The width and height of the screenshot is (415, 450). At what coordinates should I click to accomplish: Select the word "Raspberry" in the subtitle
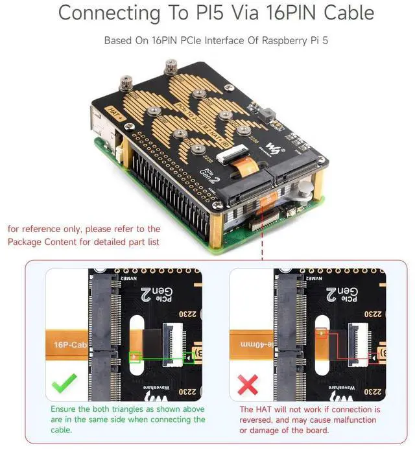click(x=272, y=40)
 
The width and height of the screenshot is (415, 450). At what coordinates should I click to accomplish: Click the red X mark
click(x=248, y=388)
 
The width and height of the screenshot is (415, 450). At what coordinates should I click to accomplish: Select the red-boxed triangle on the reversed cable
click(x=322, y=333)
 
